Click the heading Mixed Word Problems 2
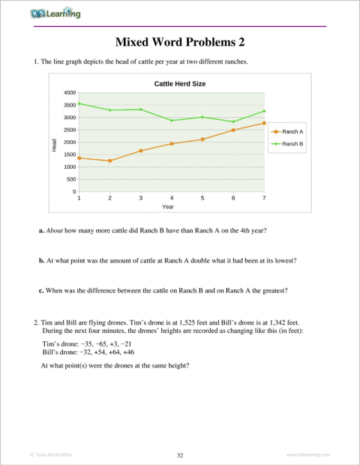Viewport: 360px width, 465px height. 179,42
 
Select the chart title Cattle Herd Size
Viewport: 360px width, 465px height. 180,84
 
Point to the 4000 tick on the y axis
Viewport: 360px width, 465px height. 68,92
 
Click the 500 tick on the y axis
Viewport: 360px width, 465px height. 70,179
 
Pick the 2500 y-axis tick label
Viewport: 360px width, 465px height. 68,130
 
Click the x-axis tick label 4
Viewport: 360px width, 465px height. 172,198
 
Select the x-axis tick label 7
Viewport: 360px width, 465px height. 264,198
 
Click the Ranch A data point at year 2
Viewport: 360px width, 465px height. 109,160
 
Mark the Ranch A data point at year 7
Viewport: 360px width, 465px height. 264,123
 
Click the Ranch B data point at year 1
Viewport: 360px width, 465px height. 79,103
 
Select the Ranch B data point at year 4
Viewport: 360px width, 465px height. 172,120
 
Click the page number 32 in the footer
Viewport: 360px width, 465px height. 179,454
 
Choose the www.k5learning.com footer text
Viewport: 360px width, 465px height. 308,454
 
